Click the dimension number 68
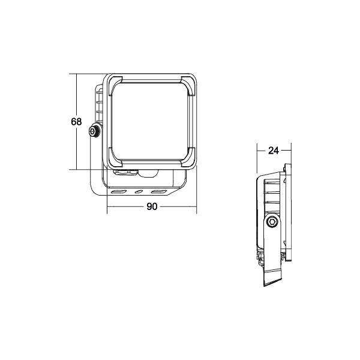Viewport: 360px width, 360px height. point(76,122)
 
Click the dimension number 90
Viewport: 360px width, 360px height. point(152,207)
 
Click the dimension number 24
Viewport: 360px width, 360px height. point(274,151)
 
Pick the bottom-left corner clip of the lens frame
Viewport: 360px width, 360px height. point(113,159)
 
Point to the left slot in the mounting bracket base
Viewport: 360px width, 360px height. point(119,192)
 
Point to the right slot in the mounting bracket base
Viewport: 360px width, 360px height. point(158,192)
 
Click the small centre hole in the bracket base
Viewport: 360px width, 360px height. point(139,192)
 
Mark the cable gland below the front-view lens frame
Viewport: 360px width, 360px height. point(126,173)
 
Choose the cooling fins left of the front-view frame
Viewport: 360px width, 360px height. point(98,108)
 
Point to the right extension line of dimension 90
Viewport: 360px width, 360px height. point(196,192)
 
